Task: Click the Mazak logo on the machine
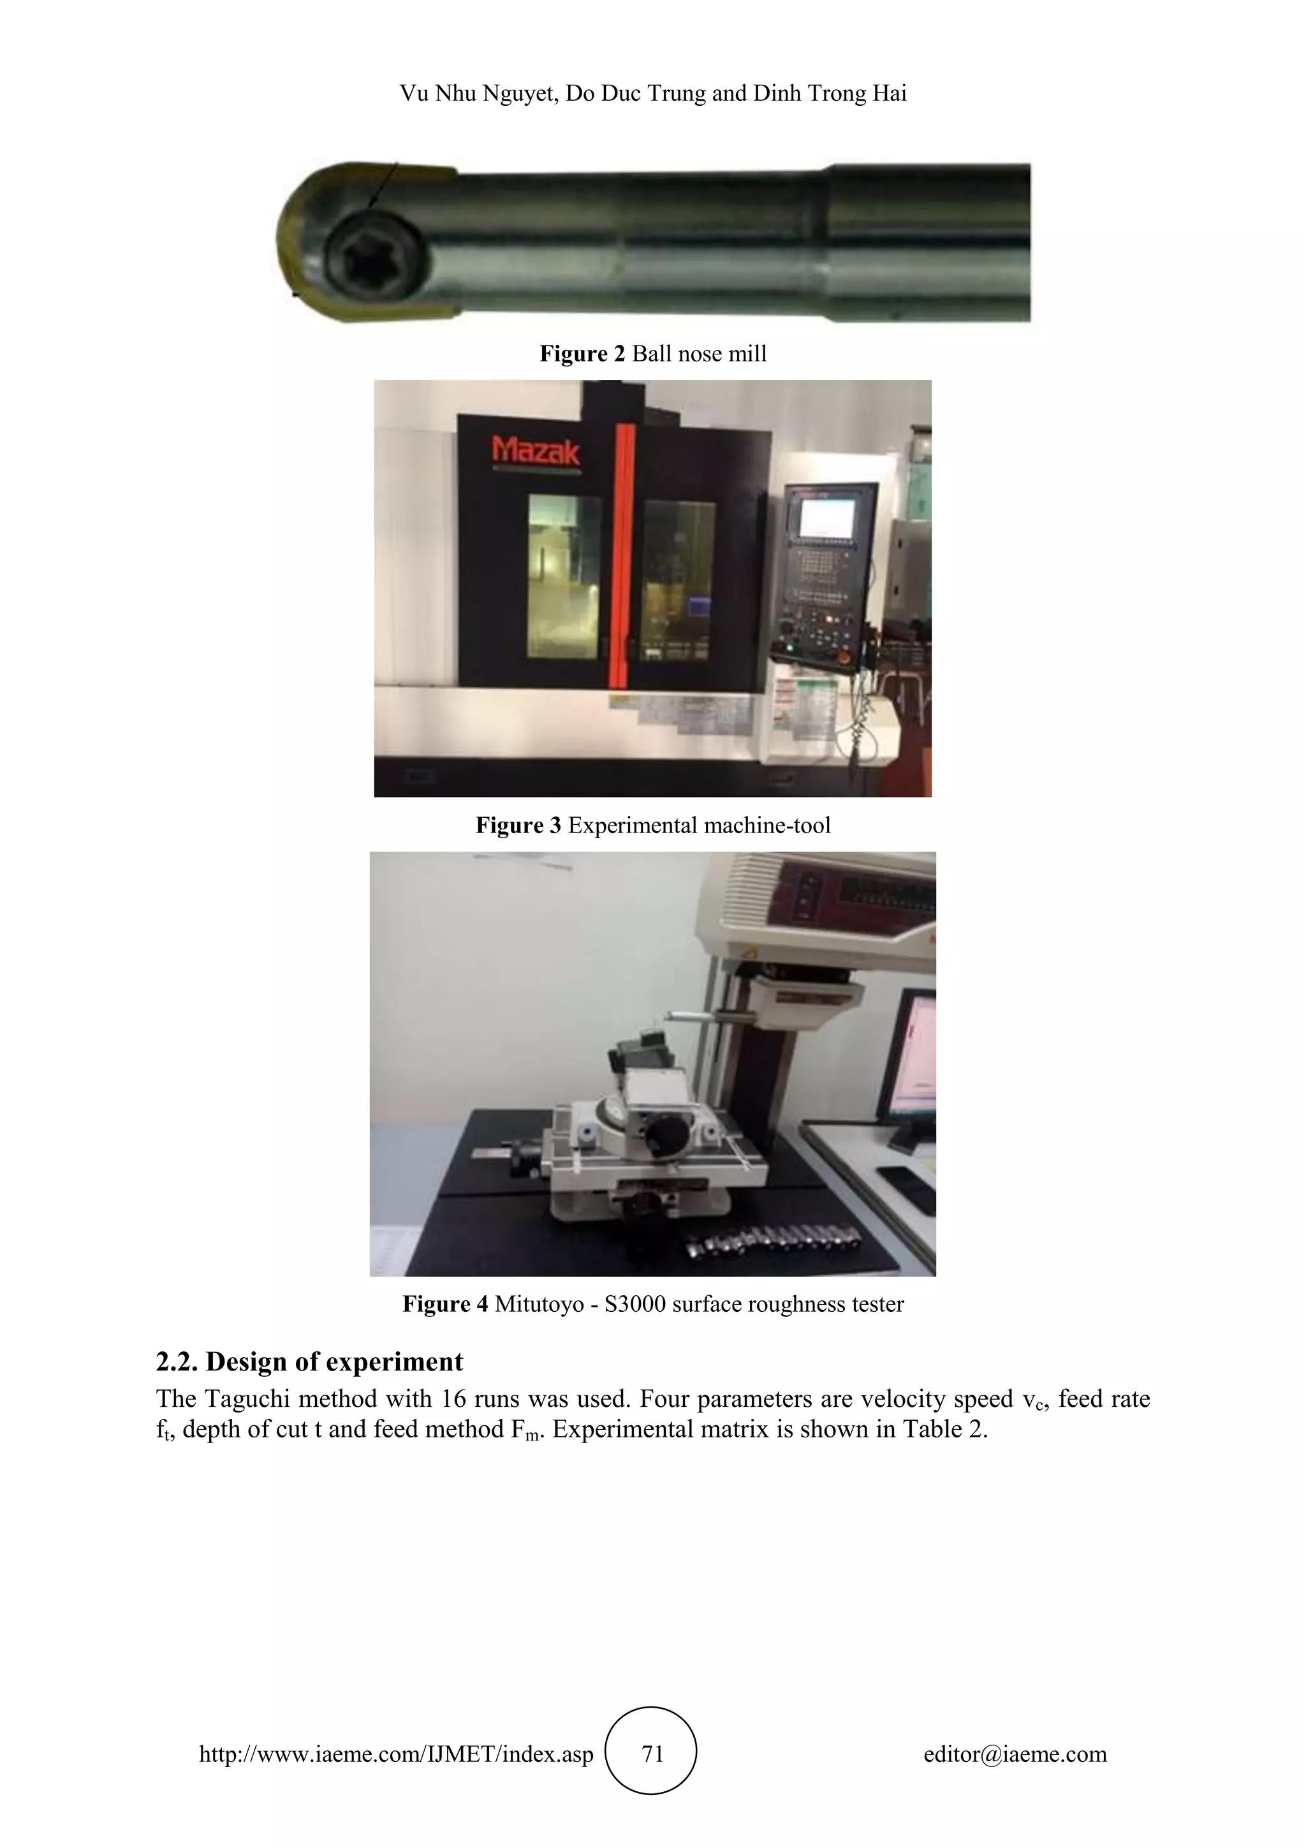point(535,451)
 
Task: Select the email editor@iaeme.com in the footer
point(1015,1754)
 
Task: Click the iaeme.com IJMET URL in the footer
point(395,1754)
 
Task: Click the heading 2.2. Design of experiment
point(310,1361)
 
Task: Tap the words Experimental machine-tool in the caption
point(699,825)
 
